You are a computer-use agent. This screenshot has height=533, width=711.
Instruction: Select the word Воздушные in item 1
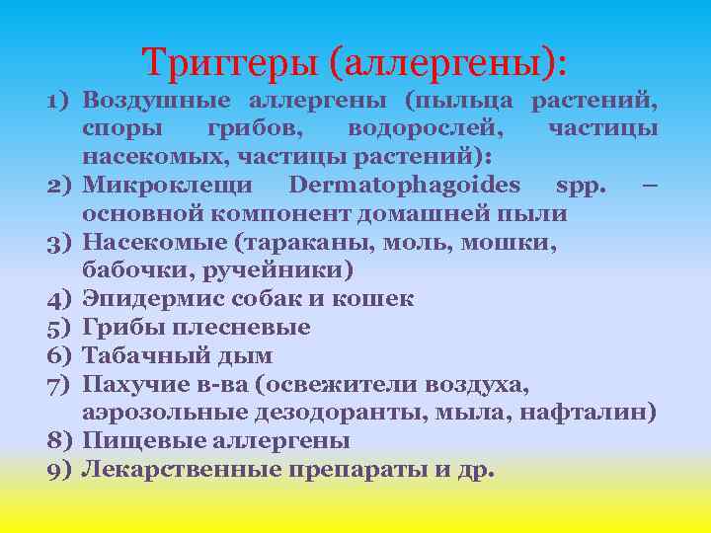point(158,100)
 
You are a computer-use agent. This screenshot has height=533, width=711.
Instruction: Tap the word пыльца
point(470,100)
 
